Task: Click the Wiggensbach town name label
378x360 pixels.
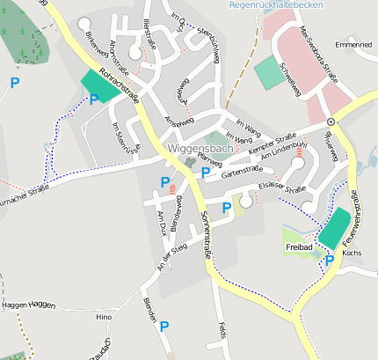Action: tap(200, 150)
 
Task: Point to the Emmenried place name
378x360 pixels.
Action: tap(353, 43)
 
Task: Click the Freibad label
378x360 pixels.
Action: tap(299, 248)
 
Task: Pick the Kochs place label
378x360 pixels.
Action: tap(352, 253)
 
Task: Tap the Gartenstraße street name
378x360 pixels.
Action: tap(241, 172)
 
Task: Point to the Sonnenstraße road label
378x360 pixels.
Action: tap(206, 234)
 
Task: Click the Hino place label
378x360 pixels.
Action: tap(104, 316)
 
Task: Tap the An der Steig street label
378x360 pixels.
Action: tap(171, 256)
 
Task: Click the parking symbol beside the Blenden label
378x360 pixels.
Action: tap(164, 327)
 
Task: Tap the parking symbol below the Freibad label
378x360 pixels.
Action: tap(329, 261)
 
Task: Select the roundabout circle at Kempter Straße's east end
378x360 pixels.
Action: tap(331, 121)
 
